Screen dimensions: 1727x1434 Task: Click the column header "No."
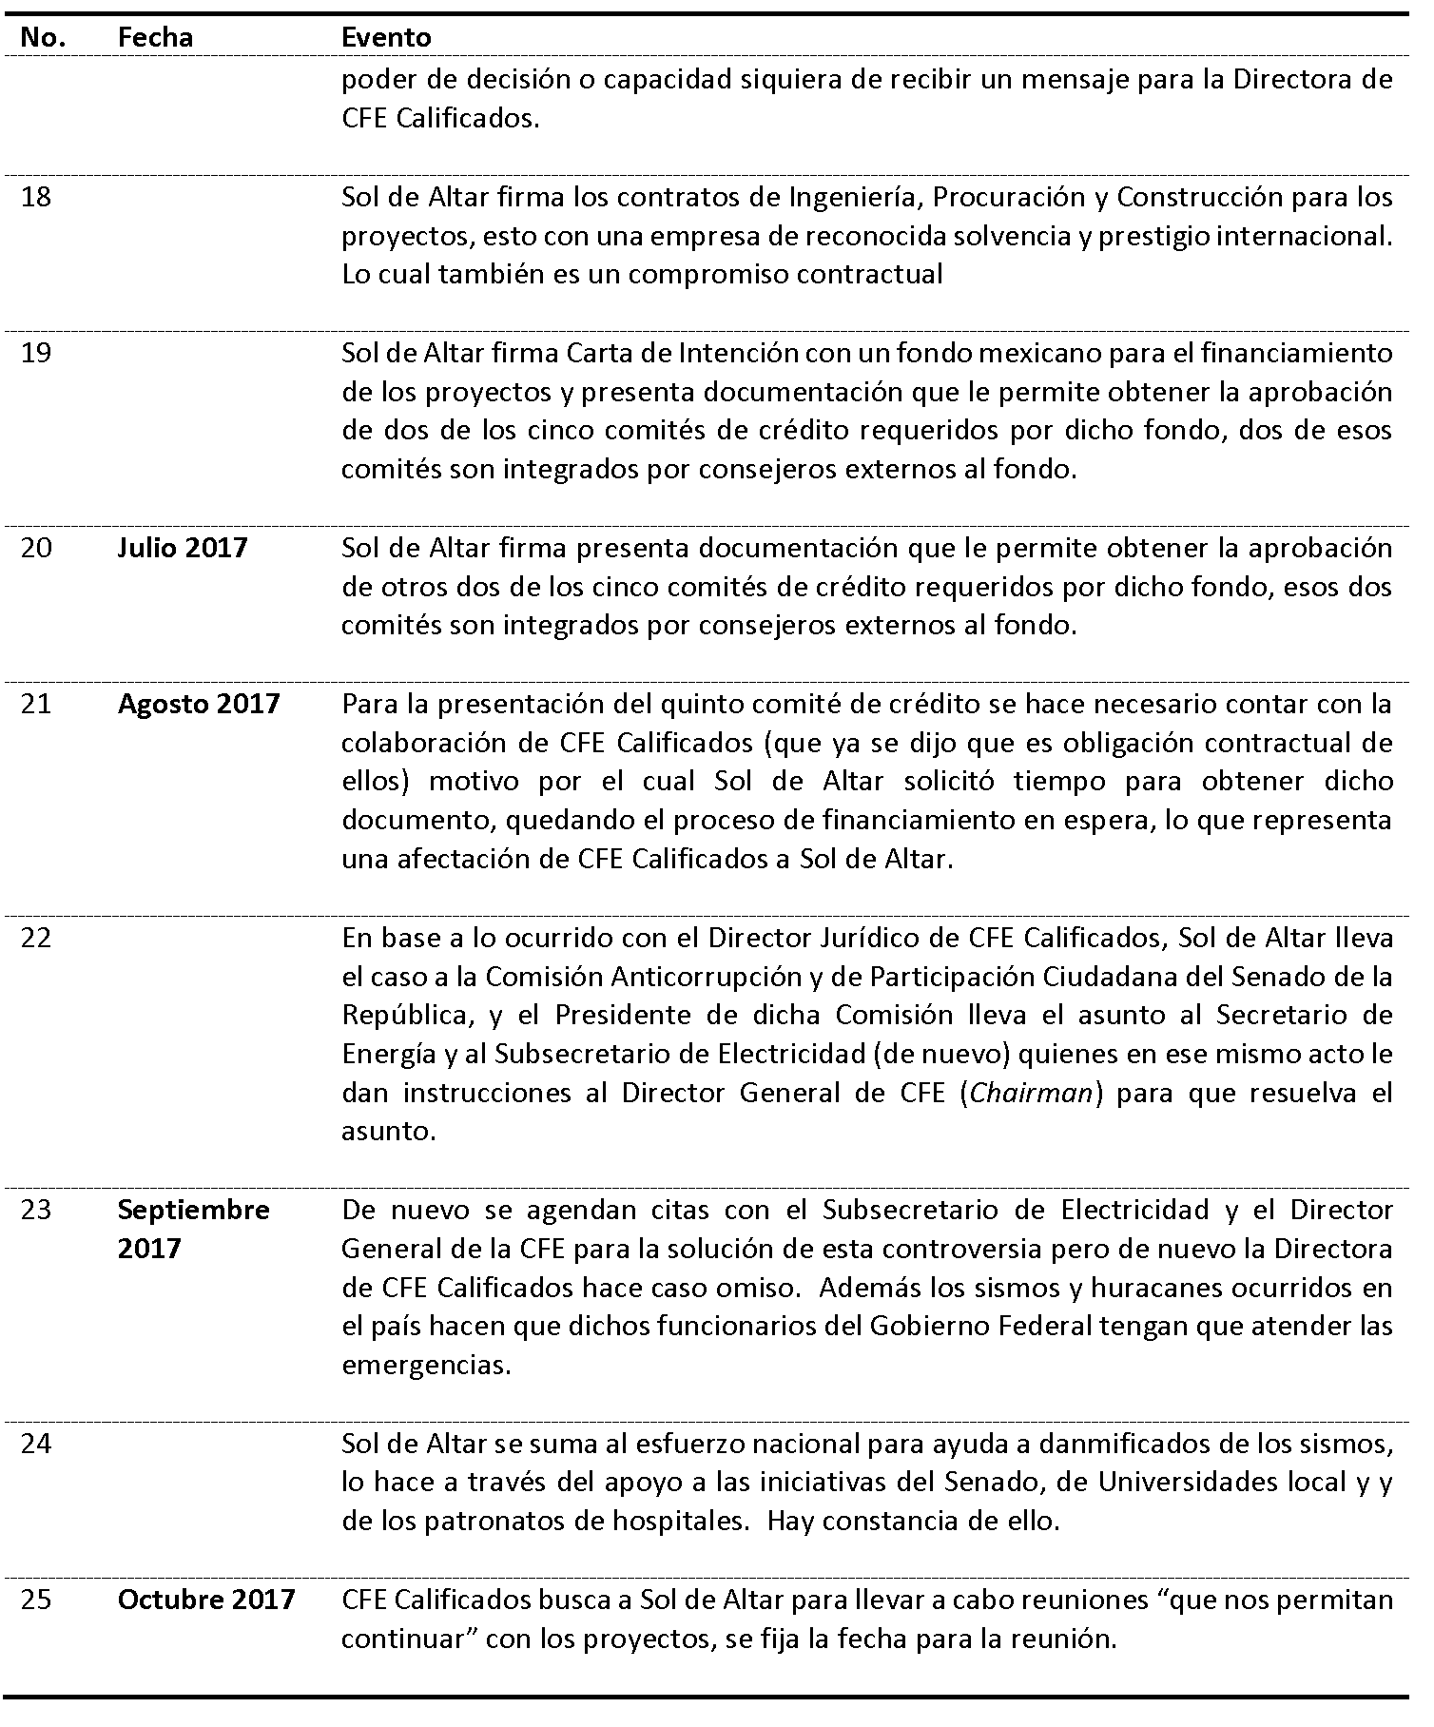coord(43,37)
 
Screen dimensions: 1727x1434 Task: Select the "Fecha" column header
coord(155,37)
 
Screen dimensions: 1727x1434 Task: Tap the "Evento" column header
coord(386,37)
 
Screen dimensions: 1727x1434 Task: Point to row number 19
coord(36,354)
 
